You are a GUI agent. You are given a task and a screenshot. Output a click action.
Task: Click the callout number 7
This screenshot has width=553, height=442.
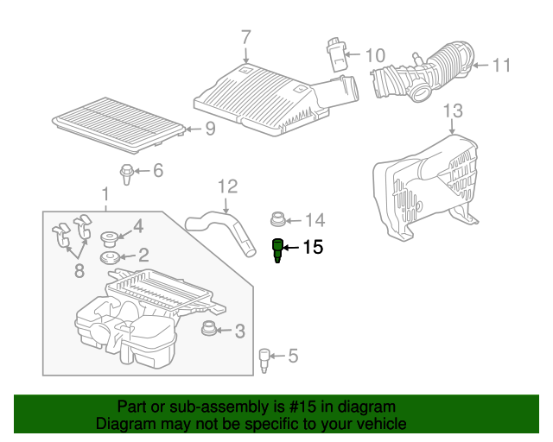(245, 37)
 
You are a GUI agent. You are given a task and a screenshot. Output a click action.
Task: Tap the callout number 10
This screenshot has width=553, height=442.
(374, 56)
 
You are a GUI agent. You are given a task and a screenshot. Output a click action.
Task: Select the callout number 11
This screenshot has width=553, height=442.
(502, 65)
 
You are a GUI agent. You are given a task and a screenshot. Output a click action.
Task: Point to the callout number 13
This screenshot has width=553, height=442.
(453, 110)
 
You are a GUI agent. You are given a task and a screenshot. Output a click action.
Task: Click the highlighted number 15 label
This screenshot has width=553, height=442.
(312, 249)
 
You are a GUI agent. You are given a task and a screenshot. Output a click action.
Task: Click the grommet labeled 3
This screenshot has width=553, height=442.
(208, 329)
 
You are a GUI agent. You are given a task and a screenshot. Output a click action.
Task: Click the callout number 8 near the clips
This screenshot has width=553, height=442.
(79, 271)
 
